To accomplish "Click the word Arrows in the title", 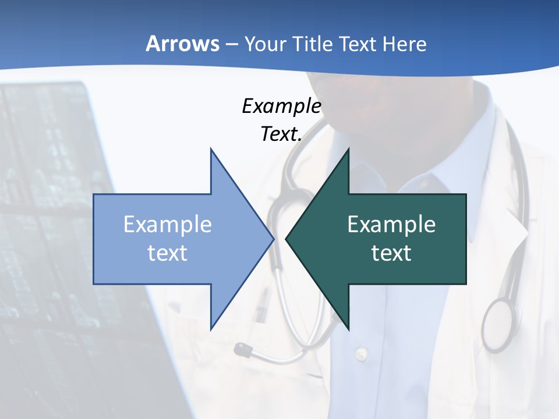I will (182, 44).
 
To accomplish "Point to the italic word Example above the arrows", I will (281, 106).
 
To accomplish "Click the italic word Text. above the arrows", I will (281, 134).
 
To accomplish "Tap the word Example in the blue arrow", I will (168, 225).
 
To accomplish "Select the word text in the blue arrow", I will (168, 253).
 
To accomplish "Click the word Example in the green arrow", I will (391, 225).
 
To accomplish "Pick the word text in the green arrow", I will (391, 253).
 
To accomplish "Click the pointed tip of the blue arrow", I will (273, 239).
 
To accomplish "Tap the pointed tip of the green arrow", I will (286, 239).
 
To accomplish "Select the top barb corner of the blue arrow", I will (211, 149).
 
